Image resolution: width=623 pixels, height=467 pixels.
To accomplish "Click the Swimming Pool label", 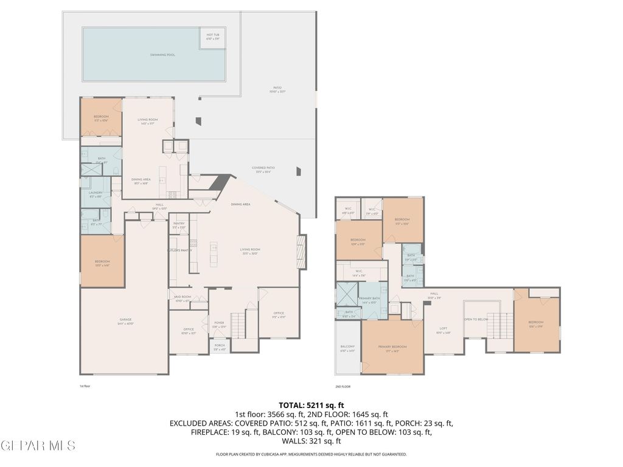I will [x=162, y=55].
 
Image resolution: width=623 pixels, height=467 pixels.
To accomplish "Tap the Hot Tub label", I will [x=213, y=36].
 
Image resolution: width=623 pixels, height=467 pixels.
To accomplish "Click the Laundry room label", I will [x=96, y=194].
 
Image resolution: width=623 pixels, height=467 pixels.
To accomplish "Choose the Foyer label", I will [x=219, y=323].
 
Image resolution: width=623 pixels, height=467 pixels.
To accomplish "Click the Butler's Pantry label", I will [x=179, y=250].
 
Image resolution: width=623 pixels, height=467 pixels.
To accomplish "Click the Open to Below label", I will [x=476, y=319].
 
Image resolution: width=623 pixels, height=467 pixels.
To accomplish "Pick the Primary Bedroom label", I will [x=392, y=348].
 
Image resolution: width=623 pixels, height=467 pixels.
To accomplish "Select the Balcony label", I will [x=347, y=347].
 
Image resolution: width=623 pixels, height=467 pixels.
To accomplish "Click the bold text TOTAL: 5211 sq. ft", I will [x=311, y=404].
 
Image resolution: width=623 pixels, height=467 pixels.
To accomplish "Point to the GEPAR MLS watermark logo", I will [x=38, y=446].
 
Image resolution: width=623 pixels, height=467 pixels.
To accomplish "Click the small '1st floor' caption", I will [x=85, y=386].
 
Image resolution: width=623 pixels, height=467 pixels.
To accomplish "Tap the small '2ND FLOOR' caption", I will [x=343, y=386].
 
